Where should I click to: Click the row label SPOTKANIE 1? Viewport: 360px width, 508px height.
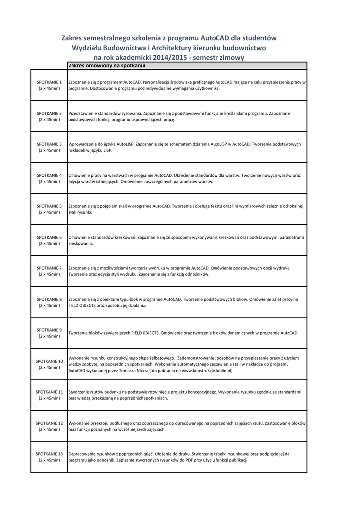click(x=49, y=82)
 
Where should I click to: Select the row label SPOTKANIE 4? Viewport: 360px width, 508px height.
click(x=49, y=175)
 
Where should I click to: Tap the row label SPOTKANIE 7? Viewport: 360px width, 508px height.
click(x=49, y=268)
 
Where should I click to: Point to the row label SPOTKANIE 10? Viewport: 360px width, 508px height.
click(x=49, y=361)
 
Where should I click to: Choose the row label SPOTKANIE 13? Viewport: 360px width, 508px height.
click(x=49, y=454)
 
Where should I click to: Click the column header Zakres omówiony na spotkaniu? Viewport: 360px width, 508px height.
click(x=106, y=65)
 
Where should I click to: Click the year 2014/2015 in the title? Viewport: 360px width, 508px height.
click(x=174, y=58)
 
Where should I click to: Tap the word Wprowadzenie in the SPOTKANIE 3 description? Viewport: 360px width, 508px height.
click(x=82, y=144)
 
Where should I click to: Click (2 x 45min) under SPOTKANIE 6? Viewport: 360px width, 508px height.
click(x=49, y=243)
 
